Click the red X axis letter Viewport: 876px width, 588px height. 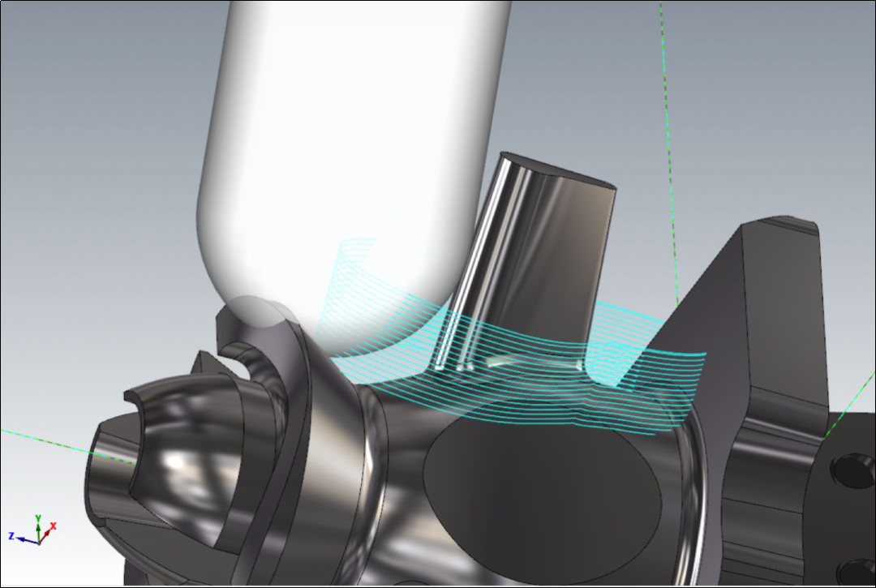pyautogui.click(x=54, y=526)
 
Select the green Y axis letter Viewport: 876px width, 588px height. pyautogui.click(x=38, y=519)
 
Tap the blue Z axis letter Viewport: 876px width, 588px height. pyautogui.click(x=11, y=536)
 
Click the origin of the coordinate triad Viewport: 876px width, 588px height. pyautogui.click(x=39, y=543)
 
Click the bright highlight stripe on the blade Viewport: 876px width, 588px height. pyautogui.click(x=479, y=263)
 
